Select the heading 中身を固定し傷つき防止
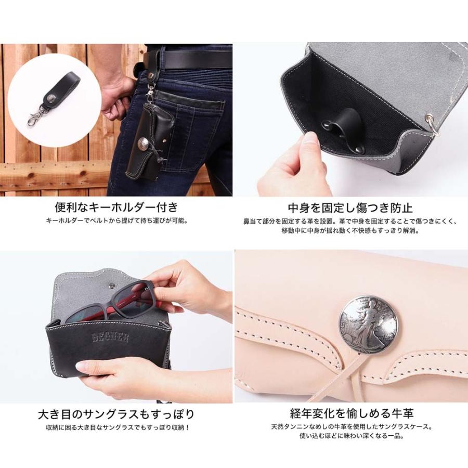[350, 207]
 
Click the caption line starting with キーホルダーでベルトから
[116, 220]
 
